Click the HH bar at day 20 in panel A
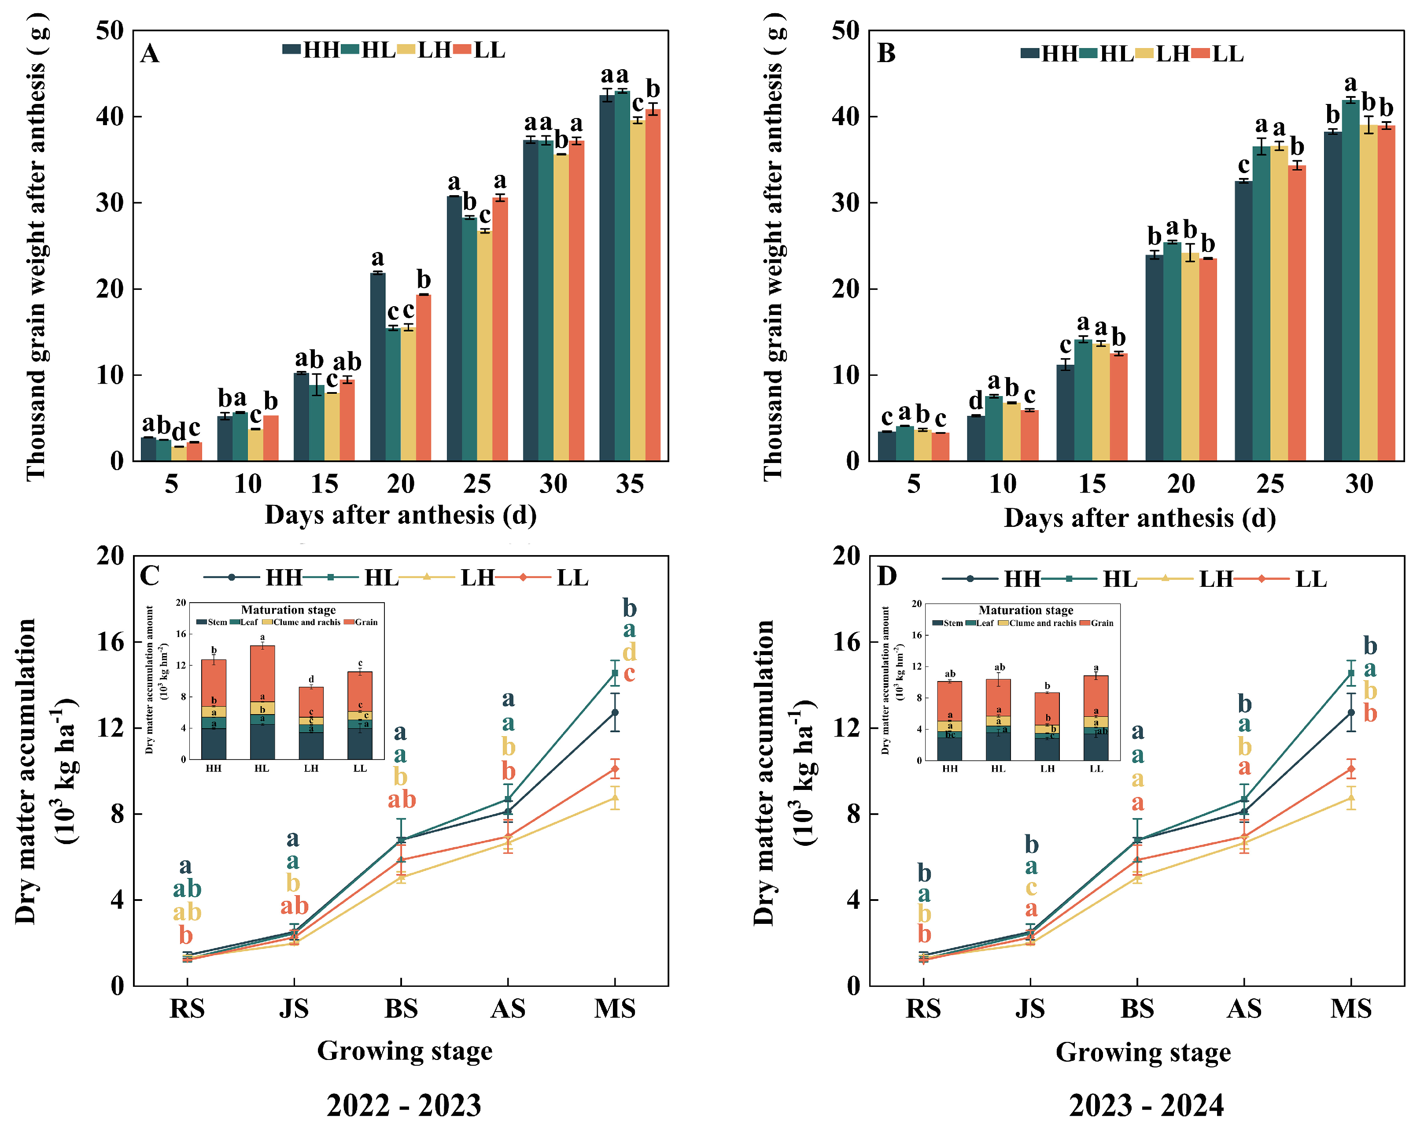click(x=378, y=367)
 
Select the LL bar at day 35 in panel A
click(x=653, y=285)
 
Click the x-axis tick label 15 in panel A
click(x=324, y=485)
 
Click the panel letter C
click(x=150, y=575)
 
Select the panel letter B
click(x=886, y=54)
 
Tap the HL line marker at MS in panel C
click(x=615, y=673)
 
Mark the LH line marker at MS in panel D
click(x=1351, y=798)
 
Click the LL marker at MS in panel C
click(x=615, y=768)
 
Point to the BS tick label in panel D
click(x=1137, y=1009)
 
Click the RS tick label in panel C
click(x=187, y=1009)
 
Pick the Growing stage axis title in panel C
click(x=404, y=1051)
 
